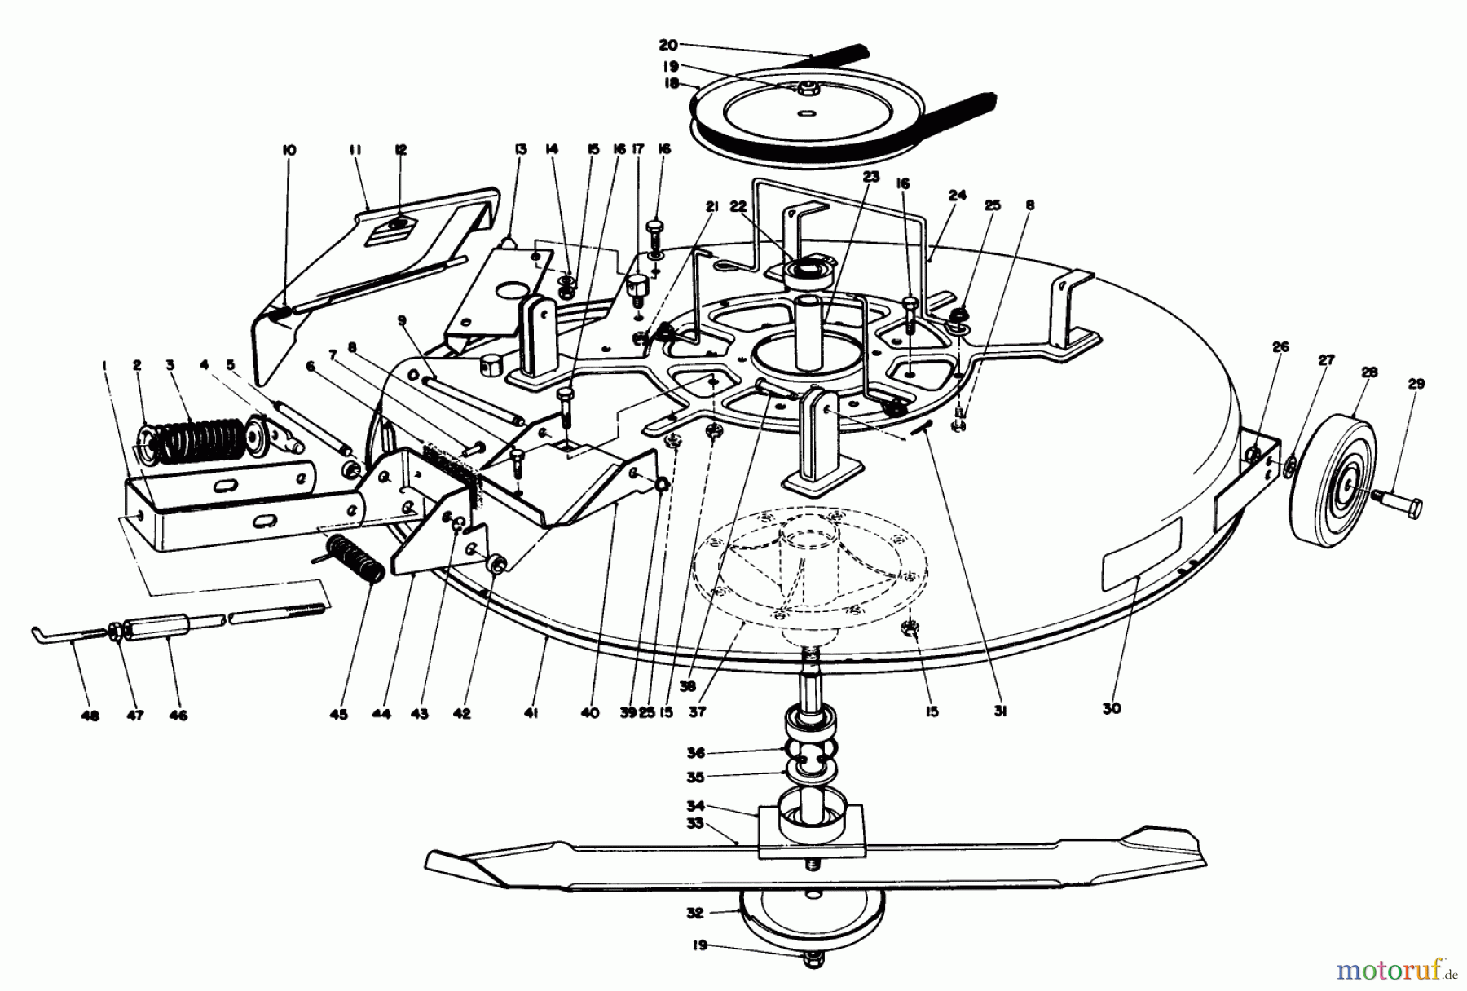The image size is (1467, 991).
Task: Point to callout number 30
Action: point(1111,708)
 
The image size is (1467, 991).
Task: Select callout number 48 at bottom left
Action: point(90,716)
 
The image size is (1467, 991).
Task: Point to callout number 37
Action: point(697,712)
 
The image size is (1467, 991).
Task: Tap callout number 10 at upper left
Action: point(289,150)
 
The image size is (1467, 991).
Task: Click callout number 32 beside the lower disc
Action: point(694,914)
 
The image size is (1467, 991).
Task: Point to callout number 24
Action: point(957,196)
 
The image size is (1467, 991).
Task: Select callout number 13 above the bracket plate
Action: point(521,149)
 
